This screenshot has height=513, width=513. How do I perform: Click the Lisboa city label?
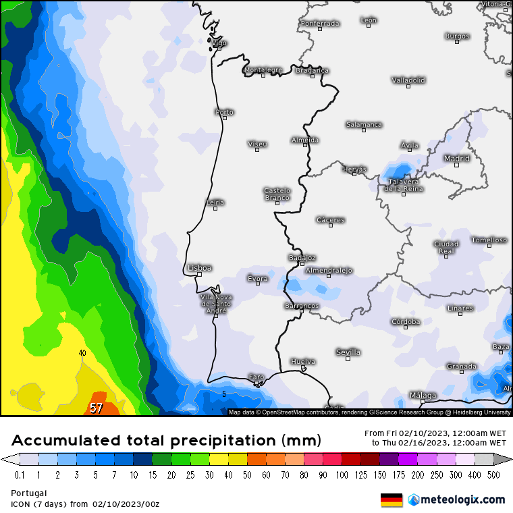pyautogui.click(x=200, y=268)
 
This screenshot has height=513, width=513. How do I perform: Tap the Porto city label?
pyautogui.click(x=224, y=112)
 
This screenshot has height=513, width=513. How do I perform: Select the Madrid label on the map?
pyautogui.click(x=456, y=159)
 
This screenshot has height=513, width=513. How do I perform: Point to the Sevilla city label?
pyautogui.click(x=348, y=352)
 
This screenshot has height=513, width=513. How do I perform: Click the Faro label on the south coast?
pyautogui.click(x=256, y=377)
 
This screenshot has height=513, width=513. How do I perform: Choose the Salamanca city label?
pyautogui.click(x=364, y=124)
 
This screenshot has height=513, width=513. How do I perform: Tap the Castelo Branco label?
pyautogui.click(x=277, y=194)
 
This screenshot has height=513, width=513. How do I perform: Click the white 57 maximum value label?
pyautogui.click(x=97, y=408)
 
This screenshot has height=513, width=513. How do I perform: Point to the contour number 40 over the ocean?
pyautogui.click(x=82, y=353)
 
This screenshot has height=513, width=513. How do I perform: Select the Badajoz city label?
pyautogui.click(x=302, y=257)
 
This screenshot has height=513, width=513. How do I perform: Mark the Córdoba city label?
pyautogui.click(x=406, y=321)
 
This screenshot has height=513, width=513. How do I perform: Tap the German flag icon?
pyautogui.click(x=391, y=500)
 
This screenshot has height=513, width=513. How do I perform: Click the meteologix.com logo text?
pyautogui.click(x=462, y=500)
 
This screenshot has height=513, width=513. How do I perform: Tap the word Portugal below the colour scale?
pyautogui.click(x=28, y=493)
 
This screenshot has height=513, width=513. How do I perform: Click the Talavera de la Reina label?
pyautogui.click(x=404, y=185)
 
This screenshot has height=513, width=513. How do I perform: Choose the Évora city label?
pyautogui.click(x=257, y=278)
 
